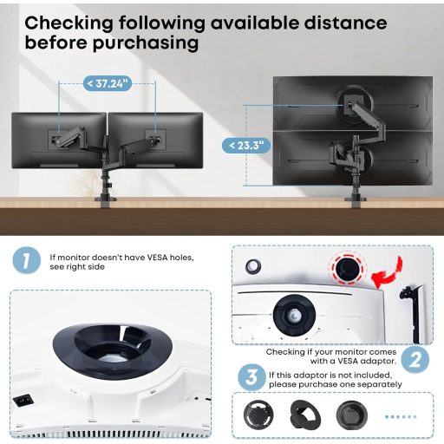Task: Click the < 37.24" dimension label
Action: (x=108, y=84)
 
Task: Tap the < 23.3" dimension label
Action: (x=246, y=146)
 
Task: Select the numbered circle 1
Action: (x=27, y=260)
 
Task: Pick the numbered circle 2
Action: (x=415, y=360)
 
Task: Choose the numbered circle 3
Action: (x=251, y=377)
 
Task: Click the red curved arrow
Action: (x=387, y=272)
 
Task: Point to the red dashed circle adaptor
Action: (x=348, y=268)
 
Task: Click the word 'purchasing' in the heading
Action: (x=146, y=43)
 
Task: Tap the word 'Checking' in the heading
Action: (x=69, y=23)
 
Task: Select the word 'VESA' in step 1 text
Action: (x=157, y=258)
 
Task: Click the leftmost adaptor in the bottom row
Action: (x=258, y=415)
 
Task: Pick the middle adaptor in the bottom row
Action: (x=305, y=415)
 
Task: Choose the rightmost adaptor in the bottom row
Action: (x=352, y=415)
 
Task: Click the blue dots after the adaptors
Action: (x=401, y=416)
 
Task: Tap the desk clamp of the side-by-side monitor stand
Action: (x=106, y=201)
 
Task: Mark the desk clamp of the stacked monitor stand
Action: (x=356, y=201)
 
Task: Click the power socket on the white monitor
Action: (x=23, y=401)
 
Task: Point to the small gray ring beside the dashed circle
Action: (x=253, y=266)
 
